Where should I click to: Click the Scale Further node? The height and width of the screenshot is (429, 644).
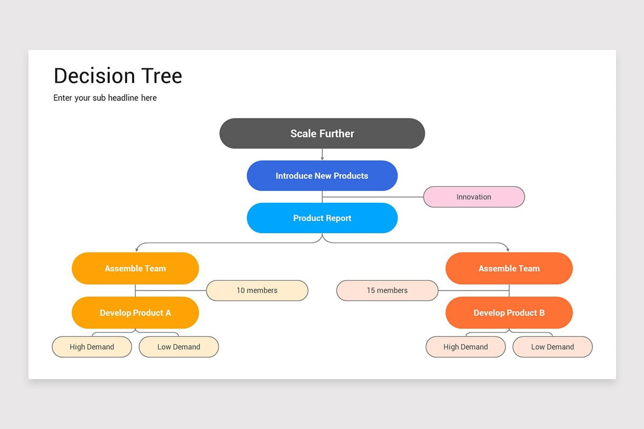[x=322, y=134]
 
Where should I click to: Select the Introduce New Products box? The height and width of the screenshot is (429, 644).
[x=322, y=176]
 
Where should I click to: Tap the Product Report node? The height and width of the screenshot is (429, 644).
[x=322, y=218]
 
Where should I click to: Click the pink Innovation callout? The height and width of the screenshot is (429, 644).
[x=474, y=197]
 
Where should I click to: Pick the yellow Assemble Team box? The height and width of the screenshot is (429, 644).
[x=135, y=269]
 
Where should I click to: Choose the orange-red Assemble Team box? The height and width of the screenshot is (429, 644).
[x=509, y=269]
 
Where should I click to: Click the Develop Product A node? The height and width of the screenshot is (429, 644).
[x=135, y=313]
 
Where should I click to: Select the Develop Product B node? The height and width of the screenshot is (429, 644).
[x=509, y=313]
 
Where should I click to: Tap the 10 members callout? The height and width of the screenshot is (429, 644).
[x=257, y=291]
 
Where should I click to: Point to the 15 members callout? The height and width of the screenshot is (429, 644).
[x=387, y=291]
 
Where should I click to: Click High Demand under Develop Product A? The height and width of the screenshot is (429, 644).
[x=92, y=347]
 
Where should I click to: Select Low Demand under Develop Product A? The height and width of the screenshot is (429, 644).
[x=179, y=347]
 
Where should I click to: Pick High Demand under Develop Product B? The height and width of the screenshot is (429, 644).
[x=465, y=347]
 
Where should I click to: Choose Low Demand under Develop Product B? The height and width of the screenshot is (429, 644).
[x=552, y=347]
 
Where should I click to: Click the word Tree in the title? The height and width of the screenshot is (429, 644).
[x=162, y=76]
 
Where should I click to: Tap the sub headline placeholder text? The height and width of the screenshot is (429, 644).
[x=105, y=98]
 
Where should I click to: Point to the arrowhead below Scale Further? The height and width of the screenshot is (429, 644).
[x=322, y=158]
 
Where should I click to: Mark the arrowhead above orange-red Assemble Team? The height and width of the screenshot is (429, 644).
[x=507, y=249]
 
